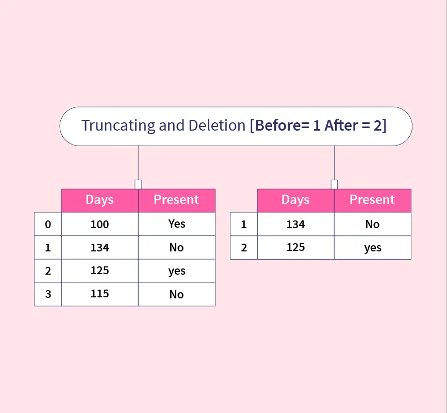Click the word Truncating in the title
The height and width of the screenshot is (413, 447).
pyautogui.click(x=118, y=125)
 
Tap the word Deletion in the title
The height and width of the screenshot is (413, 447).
pyautogui.click(x=217, y=125)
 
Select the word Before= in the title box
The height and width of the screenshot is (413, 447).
pyautogui.click(x=282, y=125)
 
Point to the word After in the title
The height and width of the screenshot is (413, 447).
pyautogui.click(x=341, y=125)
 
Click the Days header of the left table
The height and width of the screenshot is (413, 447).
pyautogui.click(x=100, y=200)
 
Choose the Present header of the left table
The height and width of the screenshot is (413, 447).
pyautogui.click(x=177, y=200)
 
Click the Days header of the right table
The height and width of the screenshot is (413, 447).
pyautogui.click(x=295, y=200)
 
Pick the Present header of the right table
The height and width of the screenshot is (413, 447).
pyautogui.click(x=373, y=200)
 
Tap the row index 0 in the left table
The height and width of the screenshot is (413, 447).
pyautogui.click(x=48, y=224)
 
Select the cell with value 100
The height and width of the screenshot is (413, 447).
pyautogui.click(x=100, y=224)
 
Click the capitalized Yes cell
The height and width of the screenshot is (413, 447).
pyautogui.click(x=177, y=224)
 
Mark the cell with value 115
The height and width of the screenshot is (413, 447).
pyautogui.click(x=100, y=294)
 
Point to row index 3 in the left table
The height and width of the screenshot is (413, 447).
pyautogui.click(x=48, y=294)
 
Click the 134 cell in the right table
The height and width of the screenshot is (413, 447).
pyautogui.click(x=295, y=224)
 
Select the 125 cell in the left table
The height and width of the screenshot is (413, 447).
pyautogui.click(x=100, y=271)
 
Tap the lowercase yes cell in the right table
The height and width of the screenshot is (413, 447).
pyautogui.click(x=373, y=247)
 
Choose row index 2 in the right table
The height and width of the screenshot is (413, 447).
pyautogui.click(x=244, y=247)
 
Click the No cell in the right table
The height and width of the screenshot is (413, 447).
pyautogui.click(x=373, y=224)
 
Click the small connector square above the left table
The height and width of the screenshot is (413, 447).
pyautogui.click(x=138, y=184)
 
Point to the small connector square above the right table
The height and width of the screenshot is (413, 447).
pyautogui.click(x=334, y=184)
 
